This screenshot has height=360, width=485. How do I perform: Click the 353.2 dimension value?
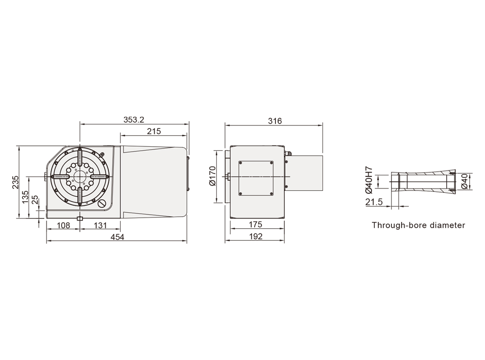134,120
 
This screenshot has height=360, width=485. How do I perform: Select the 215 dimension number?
154,131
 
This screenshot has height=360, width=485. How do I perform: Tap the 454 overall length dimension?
117,237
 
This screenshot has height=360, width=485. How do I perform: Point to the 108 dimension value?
64,225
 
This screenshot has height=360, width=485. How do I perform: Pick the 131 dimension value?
100,225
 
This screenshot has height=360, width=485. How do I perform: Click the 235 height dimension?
16,182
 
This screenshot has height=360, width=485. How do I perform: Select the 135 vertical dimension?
25,197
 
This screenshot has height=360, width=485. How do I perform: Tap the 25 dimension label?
35,200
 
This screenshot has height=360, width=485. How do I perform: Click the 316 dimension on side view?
275,121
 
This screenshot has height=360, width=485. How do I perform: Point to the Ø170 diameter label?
212,176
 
